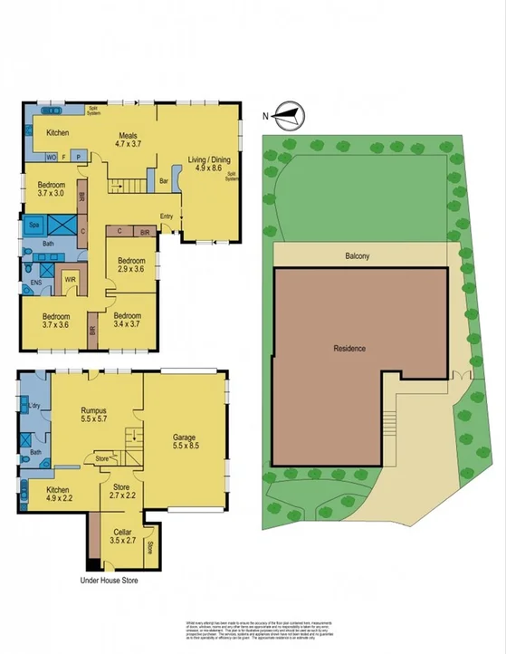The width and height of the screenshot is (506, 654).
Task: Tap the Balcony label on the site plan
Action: click(x=360, y=255)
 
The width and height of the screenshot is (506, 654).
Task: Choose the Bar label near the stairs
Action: click(x=164, y=180)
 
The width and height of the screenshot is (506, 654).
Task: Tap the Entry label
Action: click(x=167, y=216)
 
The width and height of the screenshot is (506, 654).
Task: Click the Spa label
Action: click(x=33, y=224)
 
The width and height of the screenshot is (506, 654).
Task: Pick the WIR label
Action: click(x=70, y=280)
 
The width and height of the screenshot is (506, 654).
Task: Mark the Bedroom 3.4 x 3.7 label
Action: click(x=131, y=320)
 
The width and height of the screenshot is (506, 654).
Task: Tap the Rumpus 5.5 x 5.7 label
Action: click(x=88, y=416)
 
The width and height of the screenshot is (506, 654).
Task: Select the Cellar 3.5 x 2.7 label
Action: click(x=124, y=538)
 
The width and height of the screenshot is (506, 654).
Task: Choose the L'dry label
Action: click(x=33, y=406)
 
